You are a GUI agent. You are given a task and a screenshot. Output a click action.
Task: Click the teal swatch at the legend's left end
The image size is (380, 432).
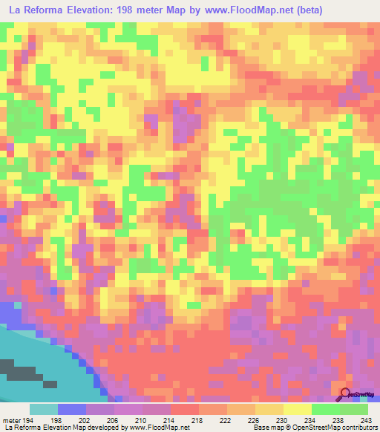(x=44, y=409)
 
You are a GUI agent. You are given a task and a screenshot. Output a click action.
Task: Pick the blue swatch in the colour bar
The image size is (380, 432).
(x=72, y=409)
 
